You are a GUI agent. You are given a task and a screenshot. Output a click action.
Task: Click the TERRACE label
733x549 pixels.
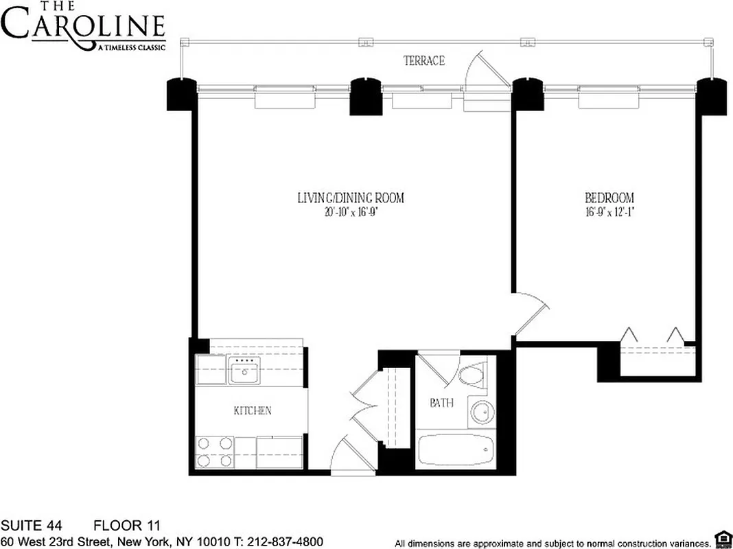pos(423,61)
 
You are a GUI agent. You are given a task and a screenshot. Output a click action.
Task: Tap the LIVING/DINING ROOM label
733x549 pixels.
pos(350,198)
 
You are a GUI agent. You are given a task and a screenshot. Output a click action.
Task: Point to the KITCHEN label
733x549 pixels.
pos(253,410)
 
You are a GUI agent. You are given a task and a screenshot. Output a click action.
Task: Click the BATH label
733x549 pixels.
pos(441,403)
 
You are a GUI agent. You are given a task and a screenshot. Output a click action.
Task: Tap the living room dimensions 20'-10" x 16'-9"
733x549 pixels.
pos(350,212)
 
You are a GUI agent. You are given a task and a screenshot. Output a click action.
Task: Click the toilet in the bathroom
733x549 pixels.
pos(472,375)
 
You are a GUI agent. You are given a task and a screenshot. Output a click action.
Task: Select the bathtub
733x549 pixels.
pos(456,450)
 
